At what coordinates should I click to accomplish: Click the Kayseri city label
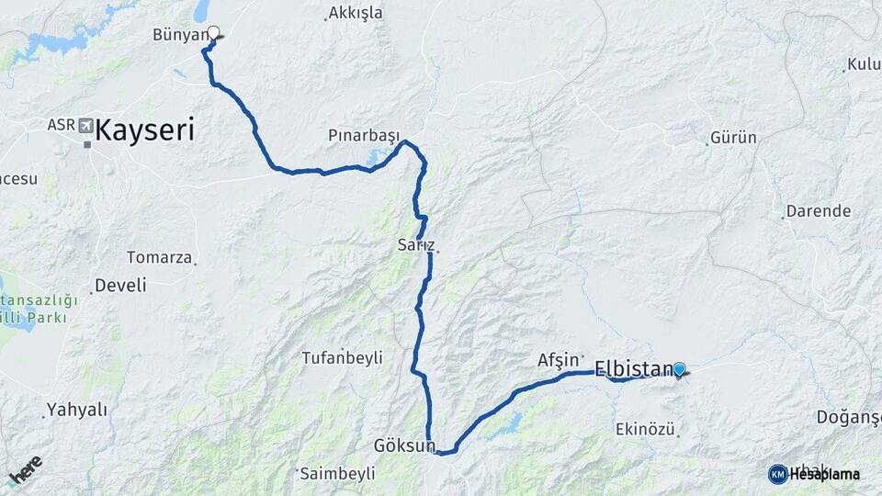pyautogui.click(x=144, y=130)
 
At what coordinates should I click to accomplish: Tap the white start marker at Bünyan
pyautogui.click(x=214, y=33)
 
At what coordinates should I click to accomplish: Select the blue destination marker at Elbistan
pyautogui.click(x=679, y=369)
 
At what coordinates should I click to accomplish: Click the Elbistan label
pyautogui.click(x=635, y=369)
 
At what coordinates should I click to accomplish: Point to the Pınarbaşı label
pyautogui.click(x=364, y=135)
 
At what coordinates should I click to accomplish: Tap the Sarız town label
pyautogui.click(x=415, y=245)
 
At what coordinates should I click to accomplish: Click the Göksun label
pyautogui.click(x=404, y=445)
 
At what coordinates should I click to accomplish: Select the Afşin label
pyautogui.click(x=558, y=360)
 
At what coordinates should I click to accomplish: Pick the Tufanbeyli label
pyautogui.click(x=342, y=358)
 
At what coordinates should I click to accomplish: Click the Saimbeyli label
pyautogui.click(x=338, y=473)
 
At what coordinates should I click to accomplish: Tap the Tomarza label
pyautogui.click(x=159, y=257)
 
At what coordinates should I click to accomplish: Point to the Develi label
pyautogui.click(x=120, y=285)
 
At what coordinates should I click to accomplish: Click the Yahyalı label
pyautogui.click(x=77, y=410)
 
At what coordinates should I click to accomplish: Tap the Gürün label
pyautogui.click(x=734, y=138)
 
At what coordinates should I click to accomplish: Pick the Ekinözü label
pyautogui.click(x=646, y=429)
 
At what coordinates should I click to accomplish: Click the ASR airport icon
pyautogui.click(x=86, y=125)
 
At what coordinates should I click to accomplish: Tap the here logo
pyautogui.click(x=26, y=470)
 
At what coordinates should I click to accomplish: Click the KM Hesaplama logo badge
pyautogui.click(x=778, y=474)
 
